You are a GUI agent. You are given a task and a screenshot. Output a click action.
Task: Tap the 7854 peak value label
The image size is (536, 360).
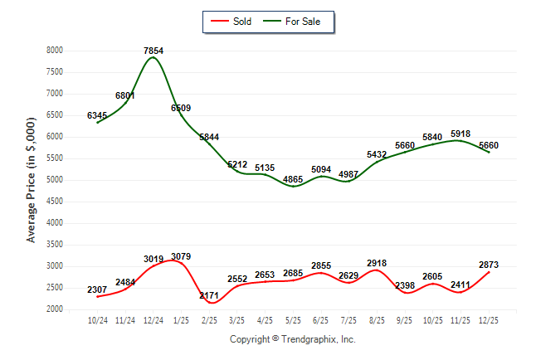pyautogui.click(x=153, y=51)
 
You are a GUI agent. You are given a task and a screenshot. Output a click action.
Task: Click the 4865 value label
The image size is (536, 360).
pyautogui.click(x=293, y=179)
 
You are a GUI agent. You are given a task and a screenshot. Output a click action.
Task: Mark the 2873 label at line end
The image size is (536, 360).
pyautogui.click(x=489, y=265)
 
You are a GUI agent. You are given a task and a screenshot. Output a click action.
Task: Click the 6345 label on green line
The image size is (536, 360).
pyautogui.click(x=97, y=115)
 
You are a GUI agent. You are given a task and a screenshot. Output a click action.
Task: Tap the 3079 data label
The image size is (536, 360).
pyautogui.click(x=181, y=256)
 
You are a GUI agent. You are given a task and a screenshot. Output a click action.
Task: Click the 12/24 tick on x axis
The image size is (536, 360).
pyautogui.click(x=153, y=319)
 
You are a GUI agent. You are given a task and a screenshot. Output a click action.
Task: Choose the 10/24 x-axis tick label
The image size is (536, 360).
pyautogui.click(x=97, y=319)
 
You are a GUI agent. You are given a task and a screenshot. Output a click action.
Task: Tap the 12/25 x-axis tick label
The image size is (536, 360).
pyautogui.click(x=489, y=319)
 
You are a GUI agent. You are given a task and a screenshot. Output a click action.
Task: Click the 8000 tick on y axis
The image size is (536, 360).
pyautogui.click(x=55, y=51)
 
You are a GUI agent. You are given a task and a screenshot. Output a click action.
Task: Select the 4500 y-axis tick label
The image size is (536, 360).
pyautogui.click(x=55, y=202)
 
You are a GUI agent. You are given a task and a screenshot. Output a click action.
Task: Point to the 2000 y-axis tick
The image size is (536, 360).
pyautogui.click(x=55, y=309)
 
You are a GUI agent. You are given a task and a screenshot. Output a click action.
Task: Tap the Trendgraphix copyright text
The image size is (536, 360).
pyautogui.click(x=292, y=339)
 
